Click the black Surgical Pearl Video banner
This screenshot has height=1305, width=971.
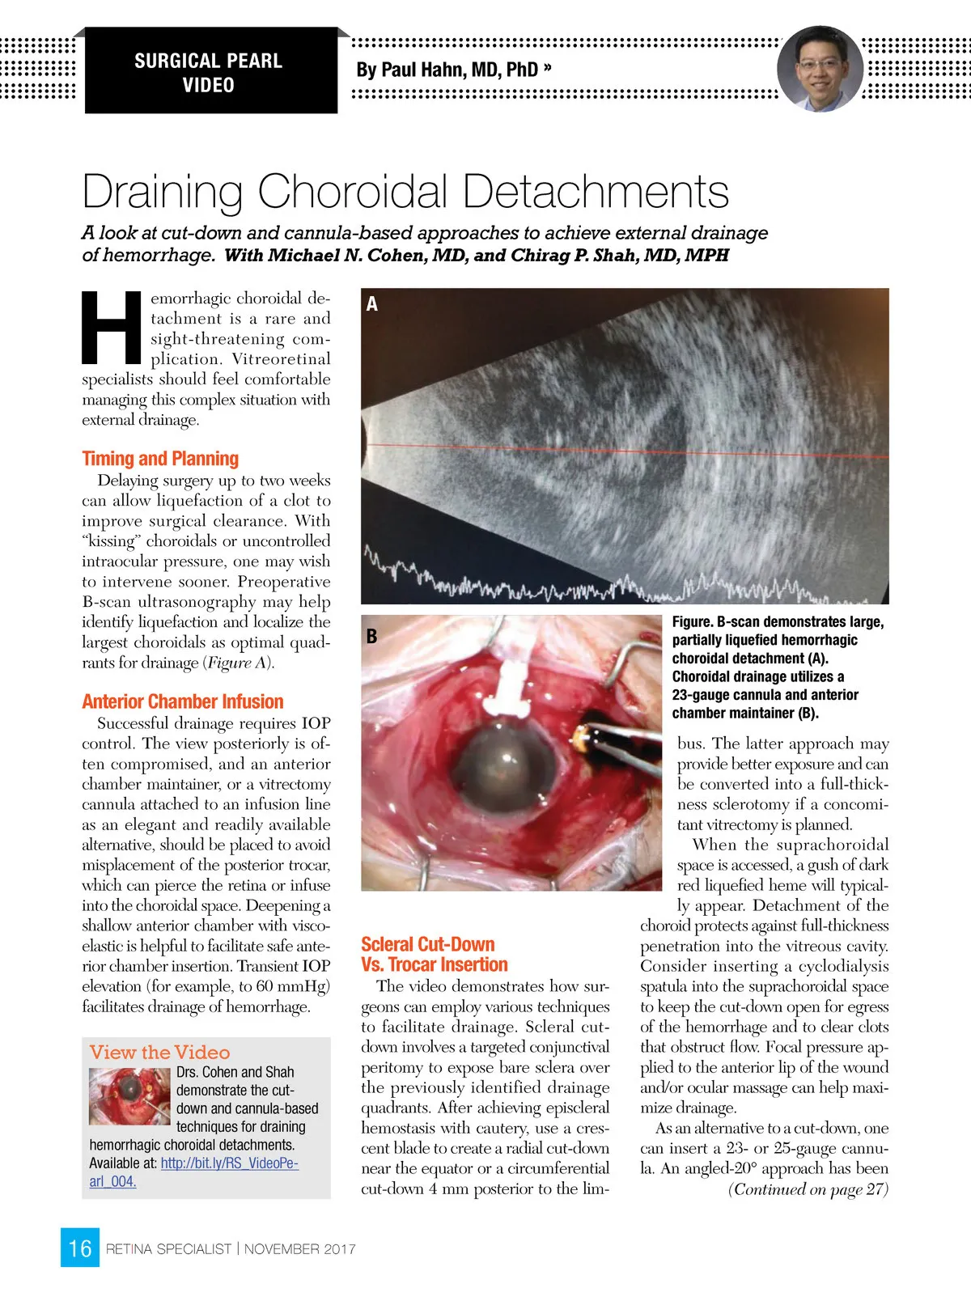click(x=209, y=72)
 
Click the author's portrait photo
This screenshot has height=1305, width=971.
click(x=819, y=69)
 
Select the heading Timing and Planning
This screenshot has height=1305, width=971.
click(x=160, y=459)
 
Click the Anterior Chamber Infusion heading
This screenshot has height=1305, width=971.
click(x=183, y=701)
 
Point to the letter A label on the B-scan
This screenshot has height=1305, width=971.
click(x=372, y=304)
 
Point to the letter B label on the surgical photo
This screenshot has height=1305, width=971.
click(x=371, y=637)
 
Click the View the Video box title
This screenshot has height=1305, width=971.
click(x=159, y=1052)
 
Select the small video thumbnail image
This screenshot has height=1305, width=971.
click(x=129, y=1096)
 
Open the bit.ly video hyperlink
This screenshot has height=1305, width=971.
click(x=229, y=1163)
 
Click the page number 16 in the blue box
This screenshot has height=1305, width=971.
click(x=80, y=1248)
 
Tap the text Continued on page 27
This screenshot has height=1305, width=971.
click(x=808, y=1189)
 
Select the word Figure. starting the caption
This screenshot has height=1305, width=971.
click(x=692, y=622)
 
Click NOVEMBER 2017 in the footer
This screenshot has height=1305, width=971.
click(x=299, y=1249)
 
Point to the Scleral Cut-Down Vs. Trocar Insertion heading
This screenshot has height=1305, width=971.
click(x=435, y=955)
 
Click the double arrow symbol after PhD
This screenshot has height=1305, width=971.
click(x=548, y=68)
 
